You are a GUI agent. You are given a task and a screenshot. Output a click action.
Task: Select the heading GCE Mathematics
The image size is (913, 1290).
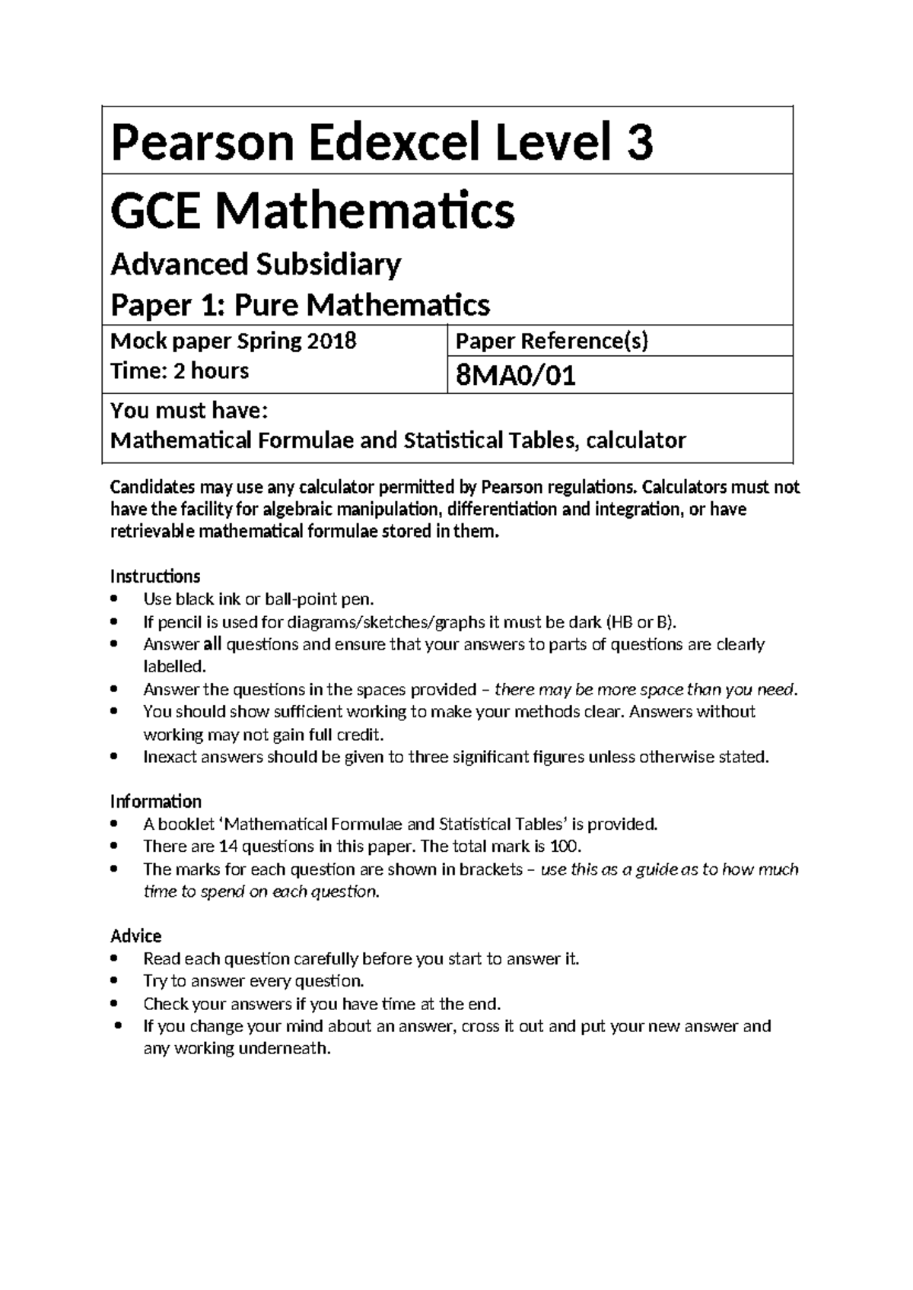313,211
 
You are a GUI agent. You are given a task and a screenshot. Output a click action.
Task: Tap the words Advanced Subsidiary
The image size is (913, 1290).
256,265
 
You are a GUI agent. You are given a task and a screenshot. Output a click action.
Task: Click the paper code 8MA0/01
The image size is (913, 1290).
515,376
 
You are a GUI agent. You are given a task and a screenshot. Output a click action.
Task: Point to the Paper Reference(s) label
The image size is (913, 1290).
552,342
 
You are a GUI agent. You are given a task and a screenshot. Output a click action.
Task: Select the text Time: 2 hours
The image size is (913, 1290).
180,371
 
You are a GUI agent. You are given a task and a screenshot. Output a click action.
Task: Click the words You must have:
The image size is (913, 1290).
189,411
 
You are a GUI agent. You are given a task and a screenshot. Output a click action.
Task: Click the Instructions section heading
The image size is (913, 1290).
155,576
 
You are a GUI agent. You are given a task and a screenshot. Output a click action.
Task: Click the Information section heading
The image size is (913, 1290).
156,802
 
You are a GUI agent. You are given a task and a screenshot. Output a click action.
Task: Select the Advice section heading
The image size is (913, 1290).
135,936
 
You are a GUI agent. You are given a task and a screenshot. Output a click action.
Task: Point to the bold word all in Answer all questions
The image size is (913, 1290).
212,644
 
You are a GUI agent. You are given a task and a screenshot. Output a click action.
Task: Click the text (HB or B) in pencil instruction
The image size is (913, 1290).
640,622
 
